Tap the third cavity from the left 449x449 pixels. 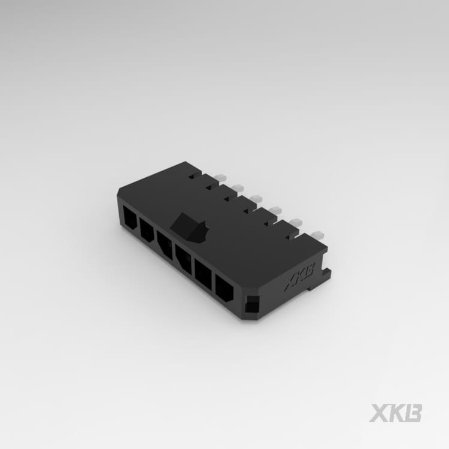point(165,244)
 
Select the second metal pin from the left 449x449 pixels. point(238,189)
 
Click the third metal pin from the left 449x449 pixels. point(256,199)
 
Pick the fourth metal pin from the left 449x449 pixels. point(275,210)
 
